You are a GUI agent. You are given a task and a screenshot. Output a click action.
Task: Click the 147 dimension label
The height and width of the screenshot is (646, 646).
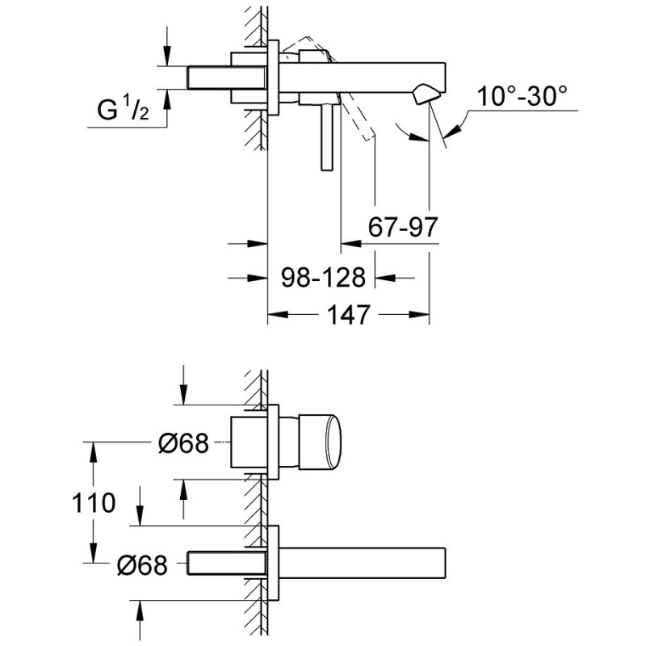pyautogui.click(x=349, y=315)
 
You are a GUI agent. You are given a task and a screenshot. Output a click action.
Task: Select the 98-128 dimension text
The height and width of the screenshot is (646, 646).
pyautogui.click(x=324, y=277)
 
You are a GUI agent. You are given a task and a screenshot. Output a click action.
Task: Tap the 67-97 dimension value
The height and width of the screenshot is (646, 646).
pyautogui.click(x=402, y=227)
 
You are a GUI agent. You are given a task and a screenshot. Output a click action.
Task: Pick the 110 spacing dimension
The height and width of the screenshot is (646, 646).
pyautogui.click(x=94, y=503)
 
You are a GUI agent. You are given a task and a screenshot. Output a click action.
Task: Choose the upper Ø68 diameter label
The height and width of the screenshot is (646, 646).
pyautogui.click(x=184, y=443)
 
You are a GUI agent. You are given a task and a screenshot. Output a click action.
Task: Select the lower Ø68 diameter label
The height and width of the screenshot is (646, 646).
pyautogui.click(x=142, y=564)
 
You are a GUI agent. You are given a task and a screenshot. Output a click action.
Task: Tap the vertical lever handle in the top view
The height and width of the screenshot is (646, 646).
pyautogui.click(x=327, y=136)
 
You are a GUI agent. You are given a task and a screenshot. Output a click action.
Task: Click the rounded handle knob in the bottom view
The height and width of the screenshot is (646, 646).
pyautogui.click(x=320, y=442)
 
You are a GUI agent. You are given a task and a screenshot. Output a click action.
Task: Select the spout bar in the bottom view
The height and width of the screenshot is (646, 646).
pyautogui.click(x=363, y=563)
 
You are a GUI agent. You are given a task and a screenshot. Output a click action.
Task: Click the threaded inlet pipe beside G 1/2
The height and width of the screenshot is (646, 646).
pyautogui.click(x=227, y=78)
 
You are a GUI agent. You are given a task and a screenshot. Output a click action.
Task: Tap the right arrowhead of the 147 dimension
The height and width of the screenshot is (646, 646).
pyautogui.click(x=420, y=315)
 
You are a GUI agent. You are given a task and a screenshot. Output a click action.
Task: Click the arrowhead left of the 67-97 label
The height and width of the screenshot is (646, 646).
pyautogui.click(x=350, y=244)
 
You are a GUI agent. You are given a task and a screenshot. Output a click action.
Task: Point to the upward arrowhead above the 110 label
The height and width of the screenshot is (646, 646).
pyautogui.click(x=94, y=452)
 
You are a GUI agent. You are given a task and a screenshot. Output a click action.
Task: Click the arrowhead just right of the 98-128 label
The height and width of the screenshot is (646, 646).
pyautogui.click(x=385, y=278)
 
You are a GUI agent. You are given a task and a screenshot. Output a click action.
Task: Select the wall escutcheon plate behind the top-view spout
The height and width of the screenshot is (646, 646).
pyautogui.click(x=273, y=78)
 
